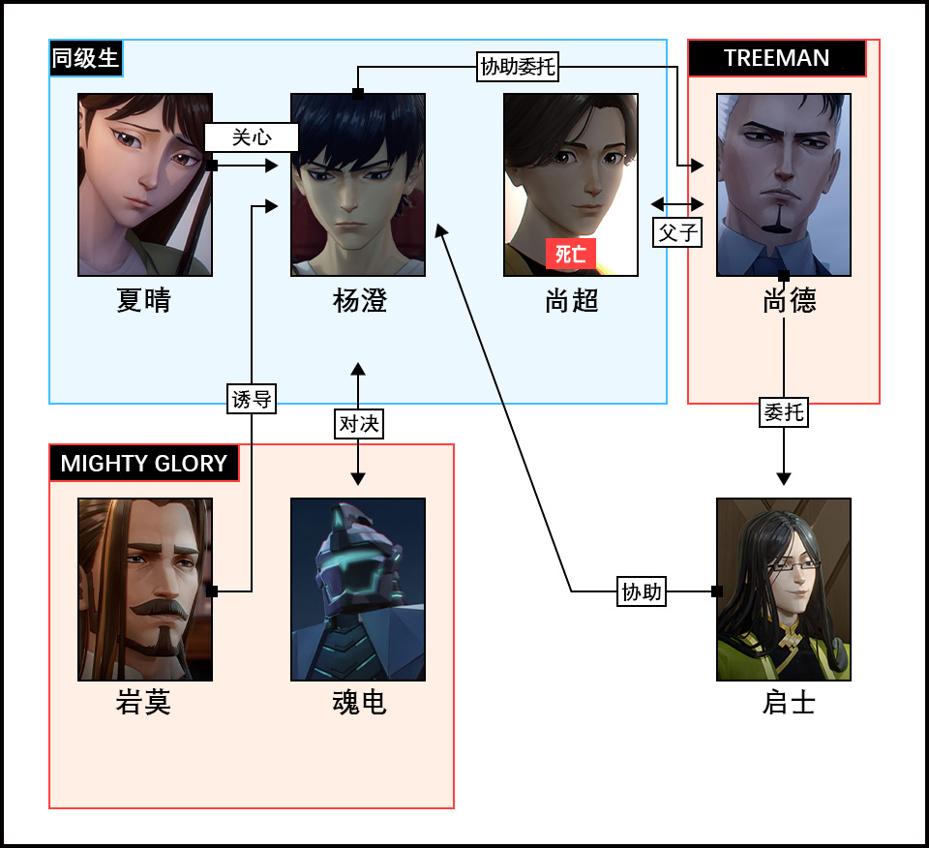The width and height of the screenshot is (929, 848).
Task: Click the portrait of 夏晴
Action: pos(145,185)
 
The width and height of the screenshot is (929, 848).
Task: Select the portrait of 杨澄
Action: pos(358,185)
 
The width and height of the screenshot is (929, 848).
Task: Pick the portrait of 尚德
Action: pos(784,185)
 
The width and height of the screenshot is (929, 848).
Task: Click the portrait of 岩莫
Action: pos(145,590)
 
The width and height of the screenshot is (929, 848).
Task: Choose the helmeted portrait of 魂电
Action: pos(358,590)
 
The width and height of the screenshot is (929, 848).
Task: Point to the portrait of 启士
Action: pos(784,590)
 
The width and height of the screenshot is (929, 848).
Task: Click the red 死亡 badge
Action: pos(571,255)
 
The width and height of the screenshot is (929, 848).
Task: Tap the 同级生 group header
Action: pos(86,58)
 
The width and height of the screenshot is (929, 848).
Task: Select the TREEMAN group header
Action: pos(776,58)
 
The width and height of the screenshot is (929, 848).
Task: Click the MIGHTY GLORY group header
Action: pos(144,463)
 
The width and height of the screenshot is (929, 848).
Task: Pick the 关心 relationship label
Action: pos(252,137)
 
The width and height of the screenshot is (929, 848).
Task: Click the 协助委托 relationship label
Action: pos(519,67)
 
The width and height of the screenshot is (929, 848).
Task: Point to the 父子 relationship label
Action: pos(677,232)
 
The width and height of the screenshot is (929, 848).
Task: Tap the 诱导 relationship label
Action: pos(252,398)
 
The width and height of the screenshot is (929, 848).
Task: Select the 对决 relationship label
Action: pos(359,423)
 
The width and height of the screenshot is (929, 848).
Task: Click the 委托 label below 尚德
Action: pos(783,412)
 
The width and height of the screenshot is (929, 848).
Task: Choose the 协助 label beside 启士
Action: pos(643,591)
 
